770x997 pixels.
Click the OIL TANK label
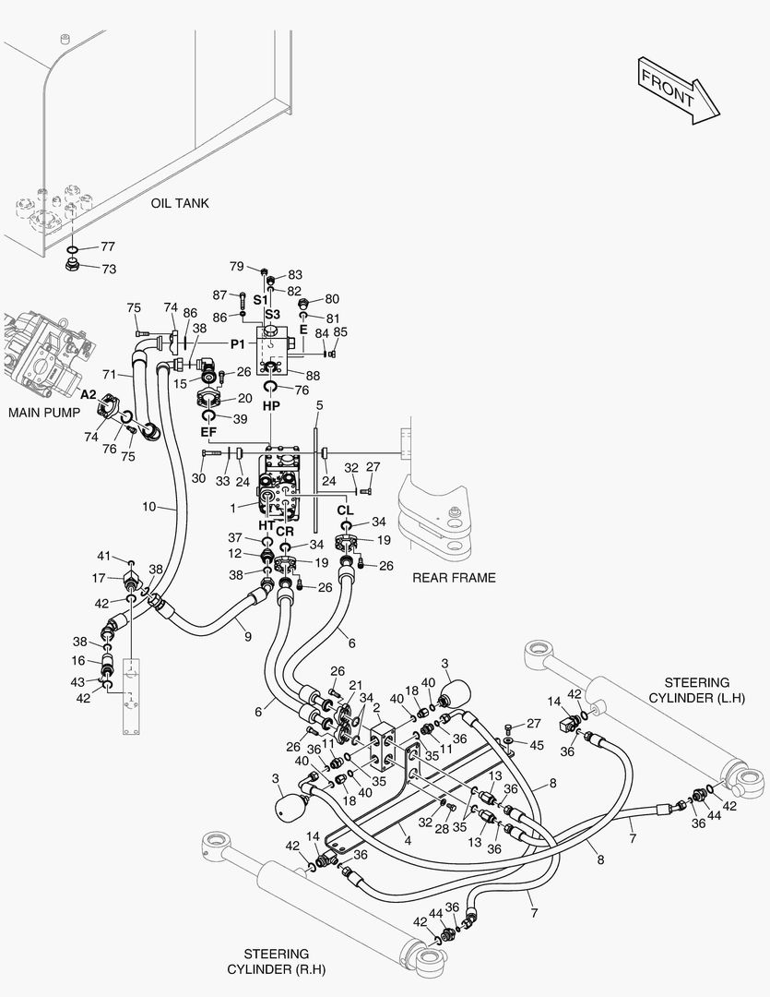coord(180,203)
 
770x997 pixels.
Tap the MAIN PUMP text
coord(44,413)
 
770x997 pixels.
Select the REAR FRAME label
coord(454,578)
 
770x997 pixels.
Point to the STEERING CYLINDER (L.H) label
coord(696,690)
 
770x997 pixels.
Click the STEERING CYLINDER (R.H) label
coord(277,961)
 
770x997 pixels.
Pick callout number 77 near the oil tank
coord(107,246)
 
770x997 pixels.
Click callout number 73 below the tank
coord(109,269)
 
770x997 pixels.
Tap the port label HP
coord(271,405)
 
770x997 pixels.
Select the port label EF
coord(209,432)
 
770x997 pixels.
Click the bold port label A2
coord(88,395)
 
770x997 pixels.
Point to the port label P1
coord(238,344)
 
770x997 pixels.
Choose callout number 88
coord(313,376)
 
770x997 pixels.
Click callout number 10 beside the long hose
coord(148,507)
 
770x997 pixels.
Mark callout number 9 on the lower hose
coord(248,636)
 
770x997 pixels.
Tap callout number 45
coord(537,745)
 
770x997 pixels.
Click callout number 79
coord(236,266)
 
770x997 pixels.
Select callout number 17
coord(99,579)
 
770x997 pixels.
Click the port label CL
coord(346,511)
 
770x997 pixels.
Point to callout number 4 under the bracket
coord(408,840)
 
